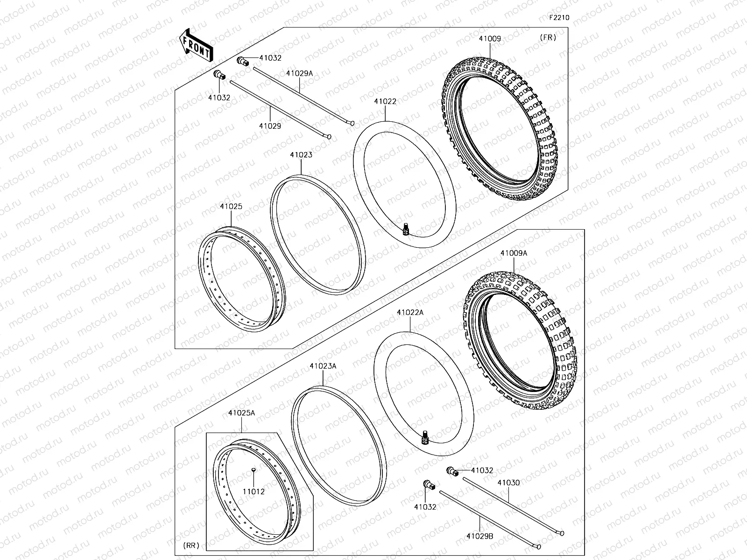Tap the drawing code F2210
tap(559, 18)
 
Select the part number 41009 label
tap(489, 39)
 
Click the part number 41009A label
tap(514, 253)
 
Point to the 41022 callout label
tap(385, 101)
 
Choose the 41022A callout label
tap(410, 312)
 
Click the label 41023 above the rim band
tap(301, 155)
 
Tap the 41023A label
tap(323, 366)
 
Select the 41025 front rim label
tap(231, 206)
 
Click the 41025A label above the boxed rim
tap(241, 413)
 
